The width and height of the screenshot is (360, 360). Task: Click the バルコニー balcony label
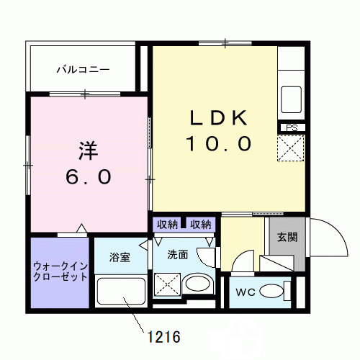pyautogui.click(x=84, y=70)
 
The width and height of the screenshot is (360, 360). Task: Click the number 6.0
pyautogui.click(x=89, y=176)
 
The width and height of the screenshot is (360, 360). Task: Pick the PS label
pyautogui.click(x=292, y=129)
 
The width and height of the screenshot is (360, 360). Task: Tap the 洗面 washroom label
pyautogui.click(x=178, y=254)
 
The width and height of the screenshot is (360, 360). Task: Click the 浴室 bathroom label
pyautogui.click(x=120, y=257)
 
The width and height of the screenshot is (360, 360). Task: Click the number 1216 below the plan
pyautogui.click(x=163, y=336)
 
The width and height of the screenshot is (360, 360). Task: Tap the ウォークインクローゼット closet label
pyautogui.click(x=60, y=271)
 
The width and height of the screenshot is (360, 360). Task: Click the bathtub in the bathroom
pyautogui.click(x=120, y=294)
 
